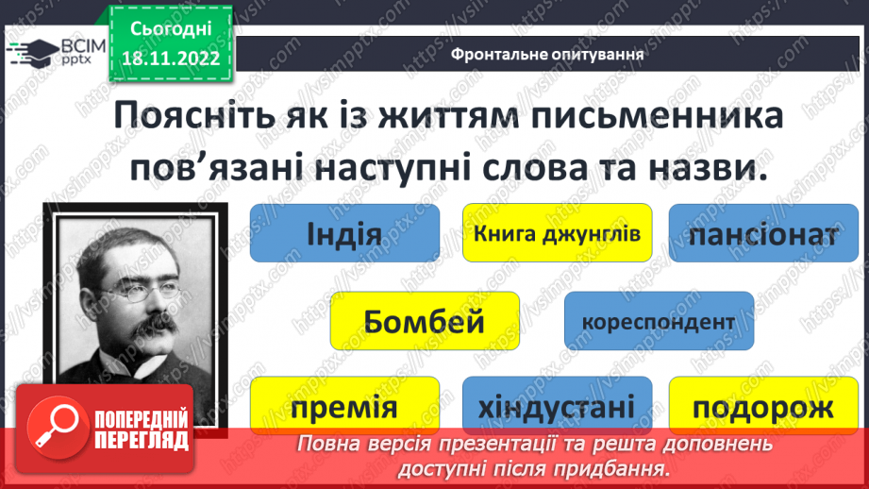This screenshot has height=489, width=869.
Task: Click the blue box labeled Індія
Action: click(343, 233)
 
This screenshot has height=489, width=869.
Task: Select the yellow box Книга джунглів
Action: click(558, 232)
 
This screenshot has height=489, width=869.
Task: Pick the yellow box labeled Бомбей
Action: click(425, 321)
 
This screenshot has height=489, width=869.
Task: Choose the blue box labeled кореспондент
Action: click(659, 321)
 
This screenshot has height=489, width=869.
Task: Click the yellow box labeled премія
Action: click(344, 408)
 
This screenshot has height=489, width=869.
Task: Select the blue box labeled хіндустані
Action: click(557, 408)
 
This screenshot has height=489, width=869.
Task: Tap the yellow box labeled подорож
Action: click(762, 408)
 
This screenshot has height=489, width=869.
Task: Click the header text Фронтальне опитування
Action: click(547, 54)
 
